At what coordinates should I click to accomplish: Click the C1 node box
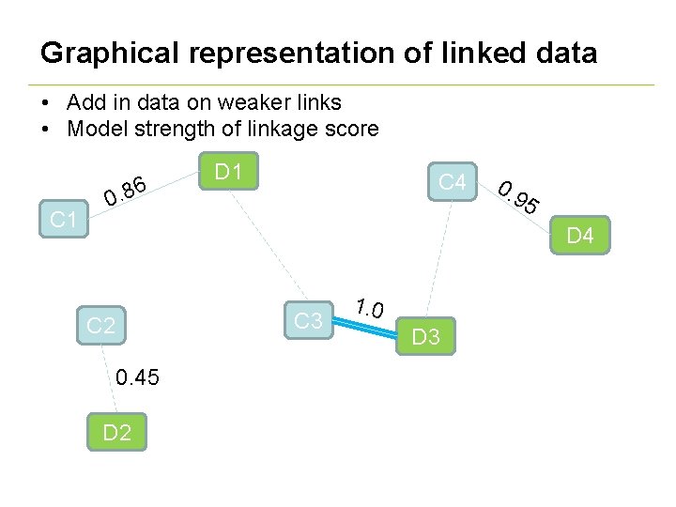click(x=63, y=220)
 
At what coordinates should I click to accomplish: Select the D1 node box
click(x=229, y=172)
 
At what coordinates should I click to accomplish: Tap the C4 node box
click(x=452, y=182)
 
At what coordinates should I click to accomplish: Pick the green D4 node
click(x=580, y=236)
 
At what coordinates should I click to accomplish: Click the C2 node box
click(x=100, y=327)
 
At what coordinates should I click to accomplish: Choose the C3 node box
click(x=309, y=321)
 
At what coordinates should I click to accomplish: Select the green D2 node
click(x=117, y=433)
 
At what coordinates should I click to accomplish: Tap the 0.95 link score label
click(x=518, y=196)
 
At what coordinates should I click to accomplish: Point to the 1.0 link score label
click(x=369, y=306)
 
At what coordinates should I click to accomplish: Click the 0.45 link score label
click(x=137, y=378)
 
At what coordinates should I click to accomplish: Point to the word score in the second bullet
click(x=350, y=130)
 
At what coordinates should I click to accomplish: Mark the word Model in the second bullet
click(x=97, y=130)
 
